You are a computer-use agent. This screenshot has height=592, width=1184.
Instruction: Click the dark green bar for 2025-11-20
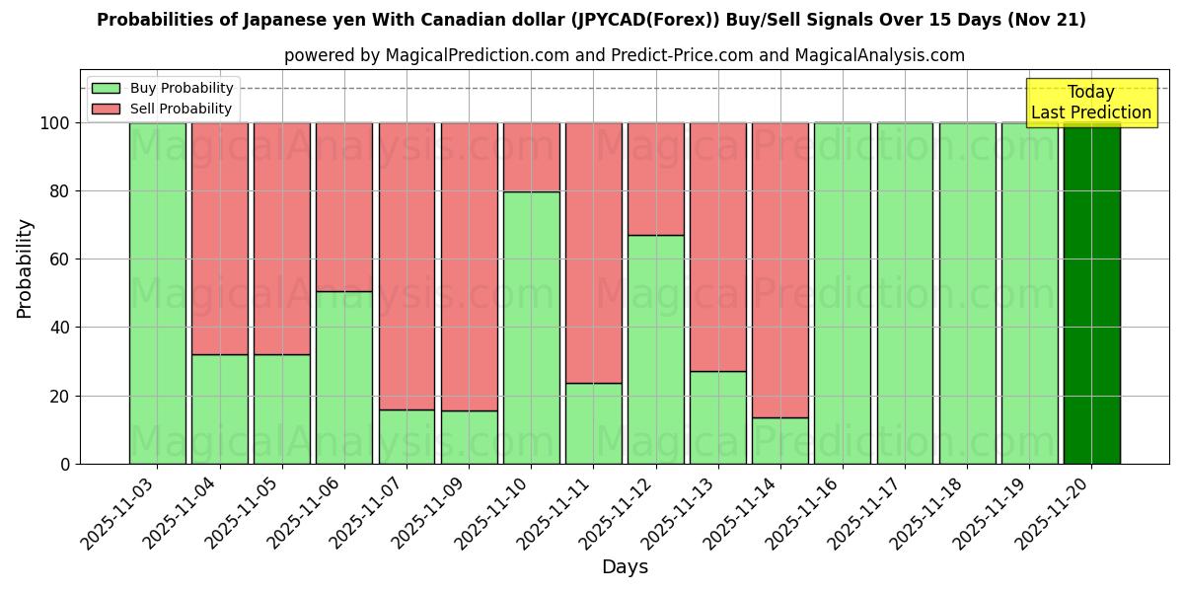click(1091, 293)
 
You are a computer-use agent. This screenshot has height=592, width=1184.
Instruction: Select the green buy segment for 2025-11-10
click(531, 328)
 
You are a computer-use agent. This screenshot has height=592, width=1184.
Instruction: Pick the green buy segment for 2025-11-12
click(655, 349)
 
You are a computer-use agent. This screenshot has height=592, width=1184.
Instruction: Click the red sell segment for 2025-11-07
click(407, 265)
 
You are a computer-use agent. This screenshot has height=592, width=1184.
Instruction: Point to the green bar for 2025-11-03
click(157, 293)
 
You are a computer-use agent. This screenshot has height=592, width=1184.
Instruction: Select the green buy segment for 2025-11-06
click(343, 377)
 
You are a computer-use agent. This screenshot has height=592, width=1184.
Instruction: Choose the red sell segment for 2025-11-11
click(593, 253)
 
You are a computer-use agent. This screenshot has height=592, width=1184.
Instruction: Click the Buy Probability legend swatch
click(106, 89)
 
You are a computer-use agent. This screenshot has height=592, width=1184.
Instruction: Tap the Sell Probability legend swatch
click(106, 110)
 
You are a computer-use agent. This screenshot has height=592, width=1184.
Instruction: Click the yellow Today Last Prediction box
click(1090, 103)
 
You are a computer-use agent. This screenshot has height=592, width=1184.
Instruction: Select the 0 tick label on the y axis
click(65, 464)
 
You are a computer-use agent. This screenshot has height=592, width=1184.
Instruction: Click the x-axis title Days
click(625, 567)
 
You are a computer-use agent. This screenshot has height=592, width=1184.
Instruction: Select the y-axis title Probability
click(25, 268)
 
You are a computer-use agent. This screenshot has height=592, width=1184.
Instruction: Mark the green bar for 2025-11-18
click(967, 293)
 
